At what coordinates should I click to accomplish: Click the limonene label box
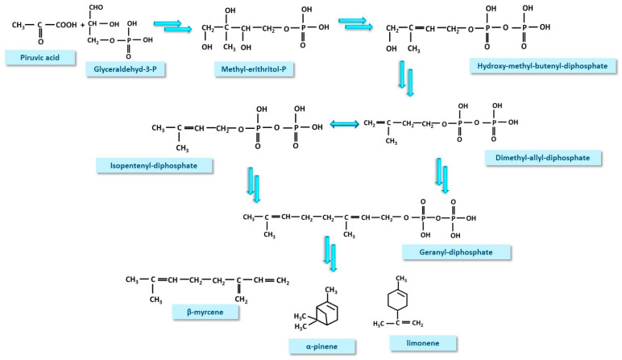point(422,343)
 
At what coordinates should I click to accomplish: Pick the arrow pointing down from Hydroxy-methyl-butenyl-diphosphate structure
point(404,81)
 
